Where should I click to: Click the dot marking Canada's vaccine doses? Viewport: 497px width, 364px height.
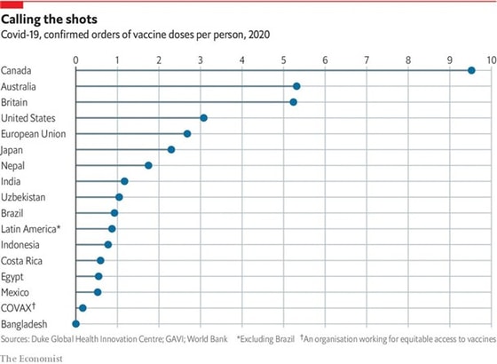(471, 70)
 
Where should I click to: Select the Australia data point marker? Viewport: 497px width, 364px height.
(296, 86)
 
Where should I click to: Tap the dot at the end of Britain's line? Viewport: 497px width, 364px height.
(293, 102)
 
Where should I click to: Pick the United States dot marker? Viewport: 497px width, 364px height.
(203, 118)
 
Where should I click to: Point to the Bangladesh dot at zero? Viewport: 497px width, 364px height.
(75, 324)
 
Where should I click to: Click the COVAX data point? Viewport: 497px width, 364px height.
(83, 308)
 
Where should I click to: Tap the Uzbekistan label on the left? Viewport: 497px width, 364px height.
(24, 197)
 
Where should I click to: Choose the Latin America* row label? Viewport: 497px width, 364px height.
(31, 229)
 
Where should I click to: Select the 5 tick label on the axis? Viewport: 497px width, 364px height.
(283, 59)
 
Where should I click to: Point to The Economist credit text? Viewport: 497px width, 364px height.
(36, 357)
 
